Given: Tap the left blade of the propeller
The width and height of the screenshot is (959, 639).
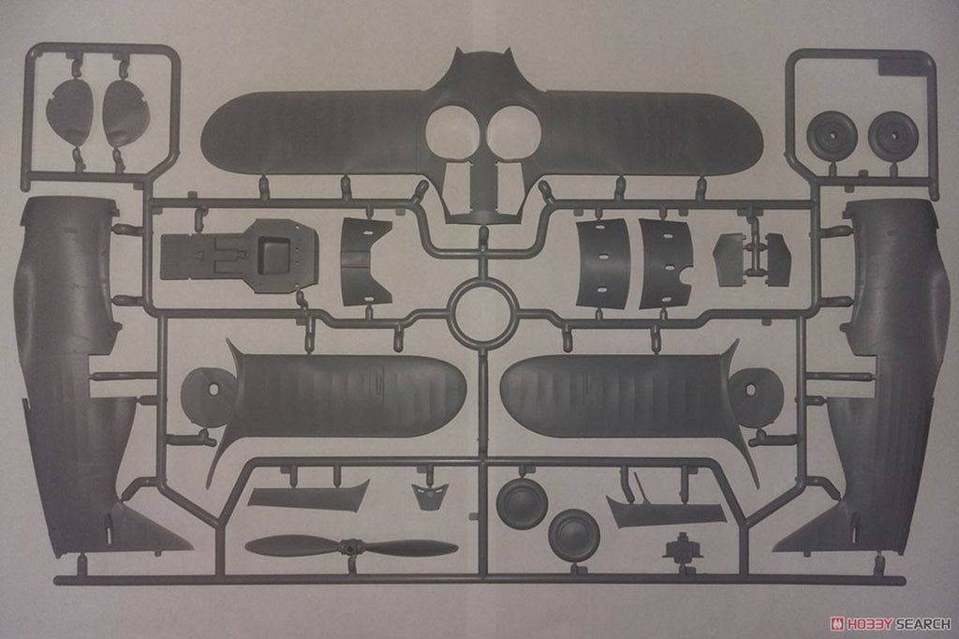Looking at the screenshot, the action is tap(293, 545).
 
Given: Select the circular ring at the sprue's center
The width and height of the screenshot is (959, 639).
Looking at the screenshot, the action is tap(480, 317).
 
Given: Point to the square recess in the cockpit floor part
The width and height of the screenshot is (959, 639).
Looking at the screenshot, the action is tap(273, 255).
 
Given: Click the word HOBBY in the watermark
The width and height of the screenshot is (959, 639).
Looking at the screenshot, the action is tap(868, 624).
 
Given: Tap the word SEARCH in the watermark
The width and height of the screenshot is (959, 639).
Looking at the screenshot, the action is tap(922, 624).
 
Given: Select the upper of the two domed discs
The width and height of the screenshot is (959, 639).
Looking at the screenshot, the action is tap(521, 500).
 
